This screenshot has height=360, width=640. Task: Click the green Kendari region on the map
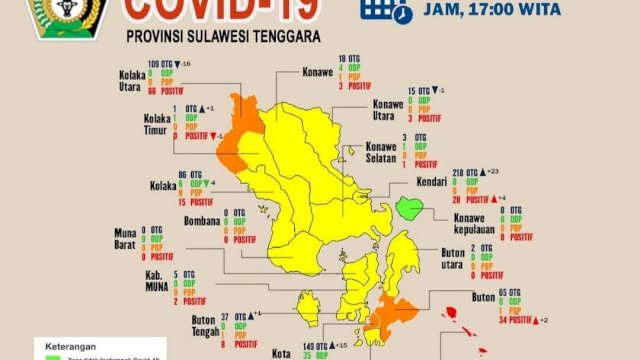point(410,208)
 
